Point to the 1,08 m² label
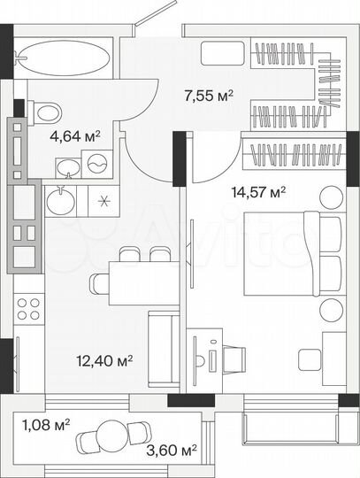[x=45, y=425]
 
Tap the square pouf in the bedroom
[x=309, y=359]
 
